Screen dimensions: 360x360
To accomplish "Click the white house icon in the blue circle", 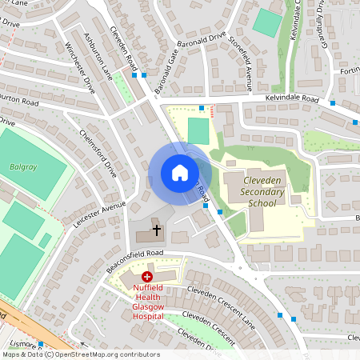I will pyautogui.click(x=180, y=172).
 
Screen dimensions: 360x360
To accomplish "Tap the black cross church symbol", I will pyautogui.click(x=156, y=230).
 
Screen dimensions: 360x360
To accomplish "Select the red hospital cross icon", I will pyautogui.click(x=146, y=276).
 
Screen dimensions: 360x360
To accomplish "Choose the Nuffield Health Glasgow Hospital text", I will pyautogui.click(x=148, y=301).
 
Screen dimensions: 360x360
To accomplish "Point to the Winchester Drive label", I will pyautogui.click(x=81, y=67).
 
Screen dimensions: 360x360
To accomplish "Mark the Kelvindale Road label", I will pyautogui.click(x=293, y=102).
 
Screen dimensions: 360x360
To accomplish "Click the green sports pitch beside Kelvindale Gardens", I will pyautogui.click(x=267, y=22).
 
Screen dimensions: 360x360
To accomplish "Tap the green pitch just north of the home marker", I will pyautogui.click(x=198, y=130).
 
